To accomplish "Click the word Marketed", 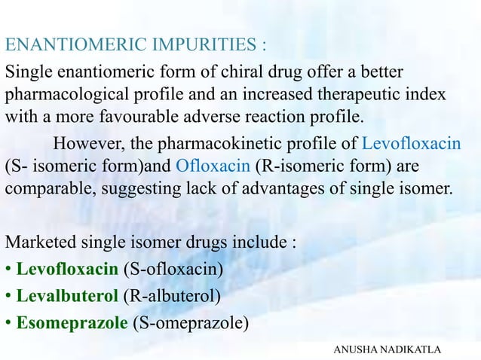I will pos(37,245).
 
